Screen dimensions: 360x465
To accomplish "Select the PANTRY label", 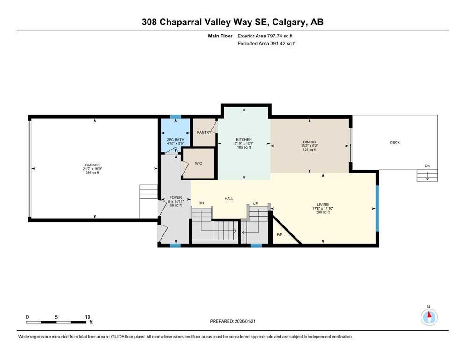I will tap(204, 133).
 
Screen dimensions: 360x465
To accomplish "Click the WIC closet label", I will tap(198, 164).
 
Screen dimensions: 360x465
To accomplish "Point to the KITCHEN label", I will tap(244, 140).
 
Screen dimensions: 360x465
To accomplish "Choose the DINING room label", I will tap(309, 142).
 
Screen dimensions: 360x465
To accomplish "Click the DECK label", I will tap(395, 142).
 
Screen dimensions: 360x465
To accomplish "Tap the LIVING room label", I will tap(323, 204).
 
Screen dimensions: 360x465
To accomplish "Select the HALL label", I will tap(229, 199).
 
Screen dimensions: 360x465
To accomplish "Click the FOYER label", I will tap(176, 198).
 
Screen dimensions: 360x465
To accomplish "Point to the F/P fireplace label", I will tap(280, 234).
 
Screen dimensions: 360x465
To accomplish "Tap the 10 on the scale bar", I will tap(87, 317).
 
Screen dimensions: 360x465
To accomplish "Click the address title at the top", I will tap(232, 22).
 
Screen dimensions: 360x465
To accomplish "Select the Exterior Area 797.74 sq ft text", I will tap(266, 36).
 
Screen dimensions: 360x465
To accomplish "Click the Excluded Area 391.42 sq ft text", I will tap(266, 43).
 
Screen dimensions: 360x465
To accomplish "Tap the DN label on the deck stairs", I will tap(427, 166).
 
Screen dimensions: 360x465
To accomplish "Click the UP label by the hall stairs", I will tap(255, 203).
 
